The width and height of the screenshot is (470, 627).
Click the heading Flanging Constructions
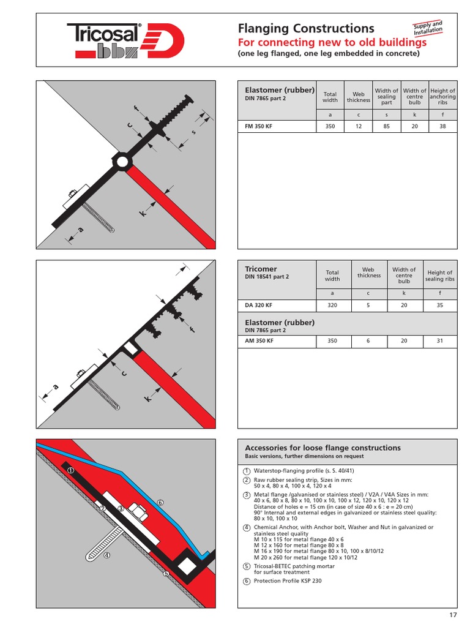(x=305, y=28)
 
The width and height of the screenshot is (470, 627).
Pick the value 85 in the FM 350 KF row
(x=387, y=126)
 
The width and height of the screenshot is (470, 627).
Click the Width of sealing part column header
(x=387, y=96)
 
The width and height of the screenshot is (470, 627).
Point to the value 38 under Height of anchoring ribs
(x=442, y=126)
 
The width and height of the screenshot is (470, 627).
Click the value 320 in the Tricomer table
(x=332, y=306)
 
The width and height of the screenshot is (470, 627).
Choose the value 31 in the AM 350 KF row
(x=439, y=341)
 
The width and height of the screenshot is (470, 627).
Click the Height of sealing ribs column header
(x=439, y=276)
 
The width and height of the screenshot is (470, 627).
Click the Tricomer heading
(x=261, y=269)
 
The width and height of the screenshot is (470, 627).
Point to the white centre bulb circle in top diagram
(x=122, y=162)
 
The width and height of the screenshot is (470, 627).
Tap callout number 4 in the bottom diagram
(x=106, y=556)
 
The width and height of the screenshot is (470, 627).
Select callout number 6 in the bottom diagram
(x=160, y=502)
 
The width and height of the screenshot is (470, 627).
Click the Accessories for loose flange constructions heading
(x=323, y=448)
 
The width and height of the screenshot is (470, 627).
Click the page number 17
(x=452, y=614)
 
